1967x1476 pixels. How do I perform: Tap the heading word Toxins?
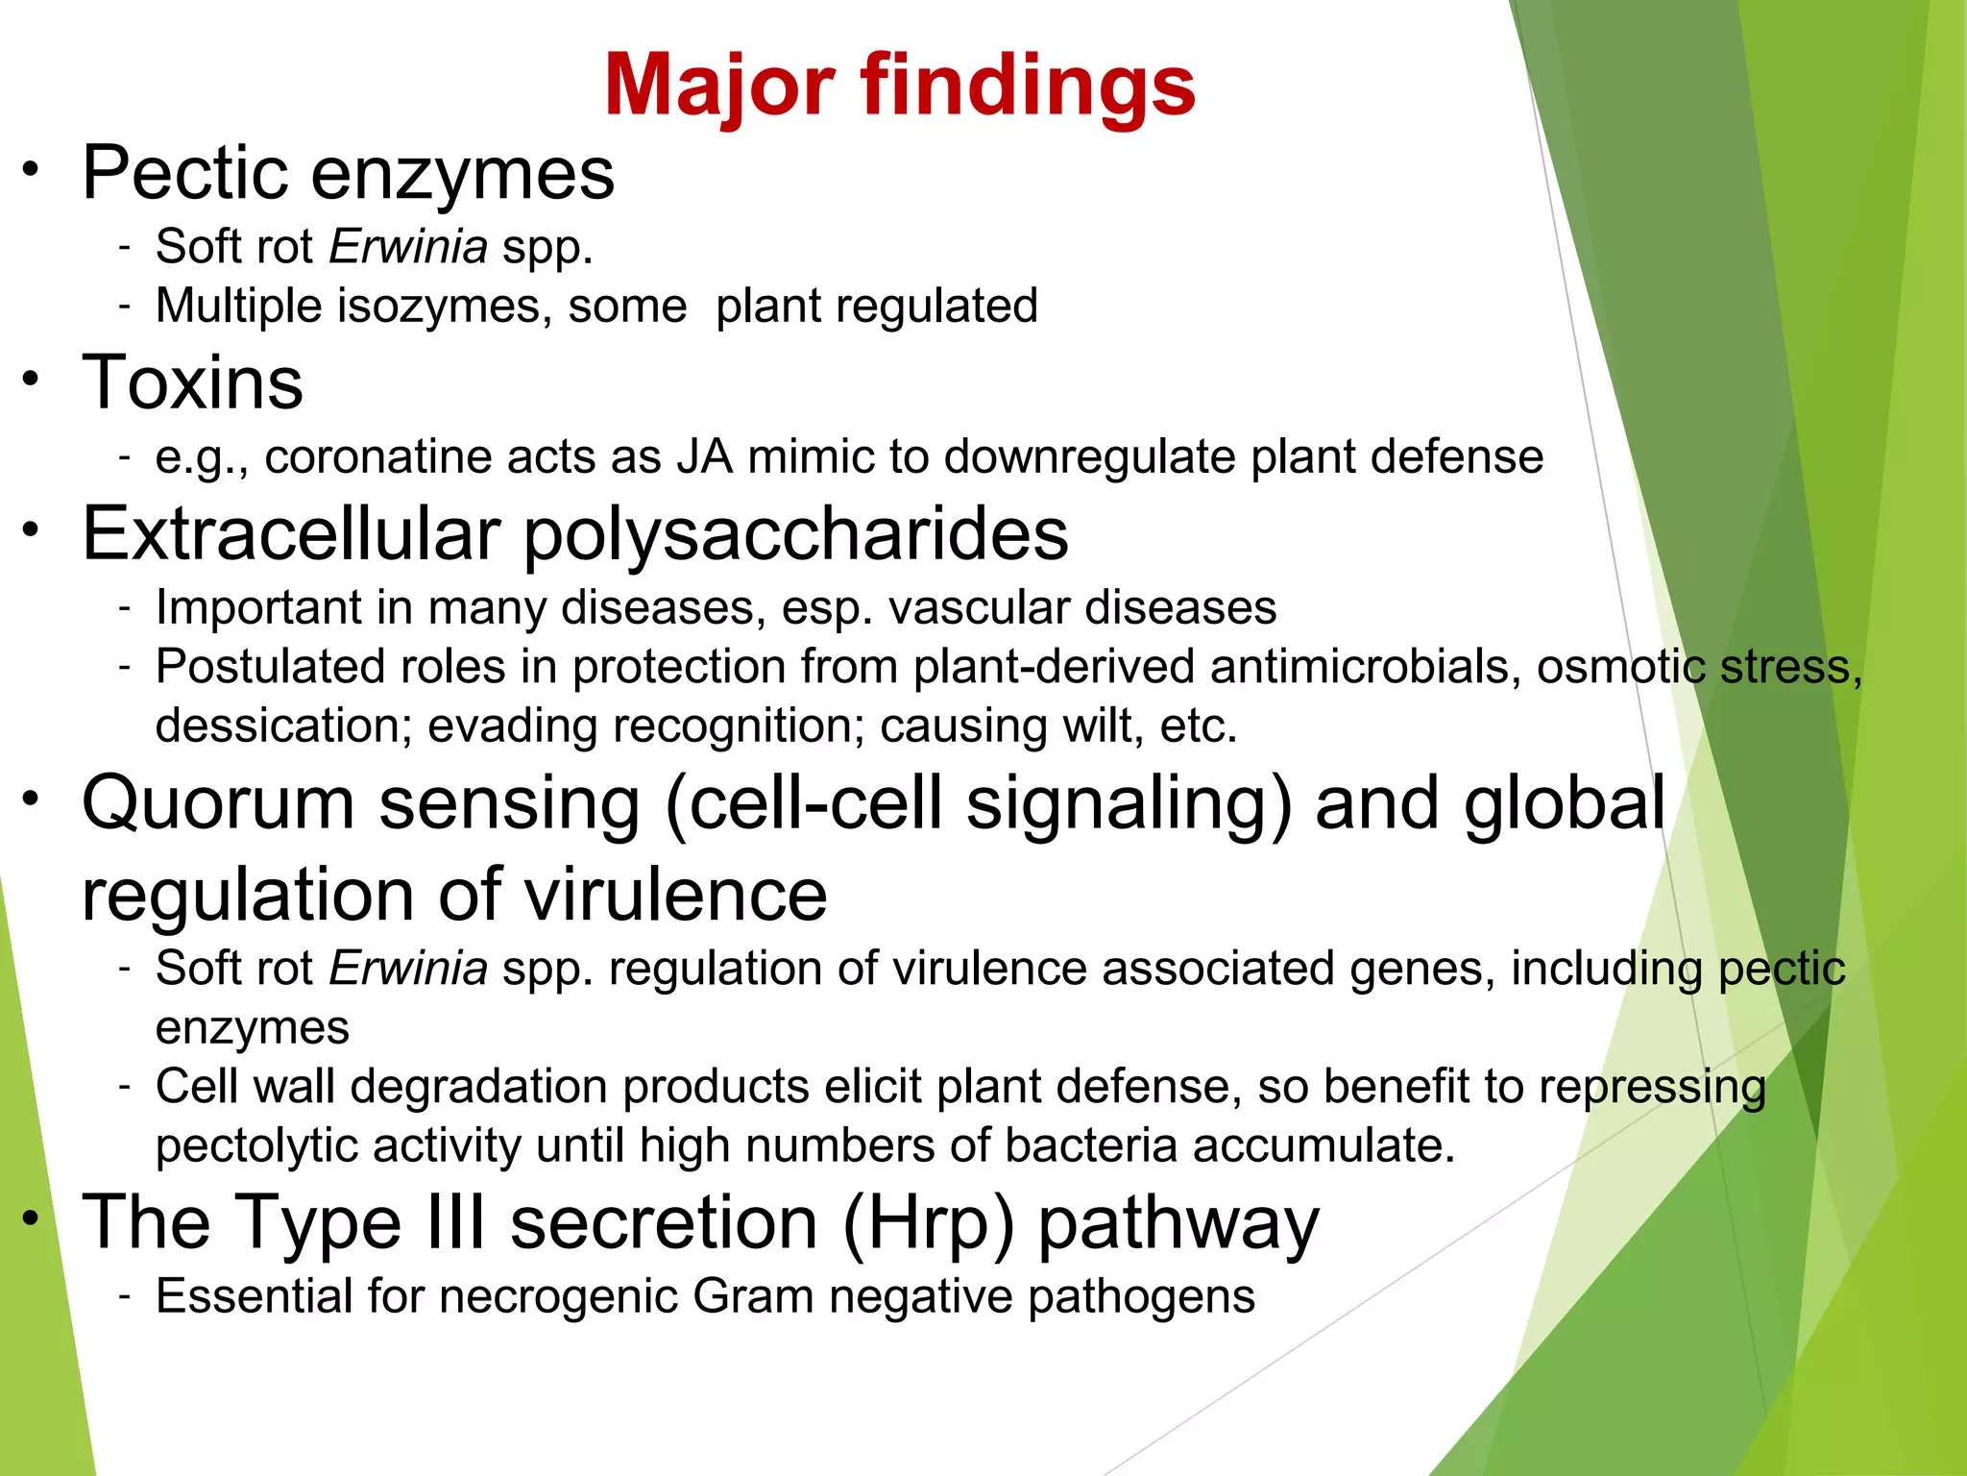[193, 382]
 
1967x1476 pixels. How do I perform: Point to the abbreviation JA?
[705, 456]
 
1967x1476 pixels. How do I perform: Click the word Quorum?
[219, 803]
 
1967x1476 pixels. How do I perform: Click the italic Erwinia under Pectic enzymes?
[408, 247]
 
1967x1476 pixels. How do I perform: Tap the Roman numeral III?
[455, 1222]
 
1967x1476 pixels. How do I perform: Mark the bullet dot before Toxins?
[32, 378]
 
